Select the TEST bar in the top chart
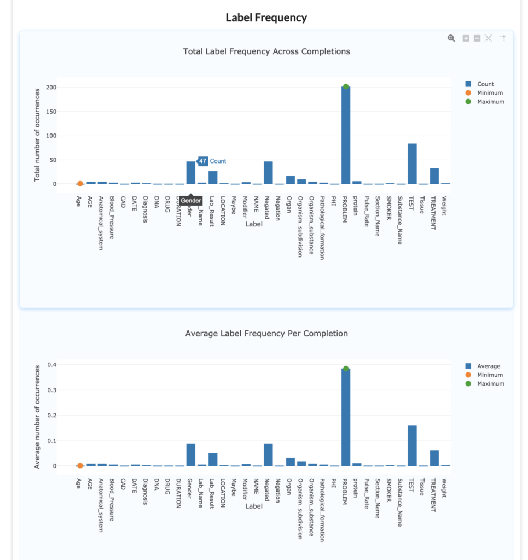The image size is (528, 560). tap(412, 164)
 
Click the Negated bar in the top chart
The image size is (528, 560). tap(268, 173)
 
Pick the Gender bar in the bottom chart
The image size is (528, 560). tap(190, 454)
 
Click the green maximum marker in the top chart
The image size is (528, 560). tap(346, 86)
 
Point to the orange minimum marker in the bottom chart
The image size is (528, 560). tap(80, 465)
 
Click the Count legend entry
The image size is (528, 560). tap(485, 84)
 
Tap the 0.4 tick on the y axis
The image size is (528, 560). tap(51, 365)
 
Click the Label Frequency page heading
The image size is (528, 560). tap(266, 17)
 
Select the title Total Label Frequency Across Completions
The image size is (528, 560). tap(266, 51)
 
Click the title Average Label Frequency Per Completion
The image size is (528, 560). tap(266, 333)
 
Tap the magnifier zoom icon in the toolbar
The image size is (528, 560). tap(451, 38)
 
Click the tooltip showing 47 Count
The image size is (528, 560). tap(211, 161)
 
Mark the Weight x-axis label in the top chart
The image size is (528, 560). tap(444, 206)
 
